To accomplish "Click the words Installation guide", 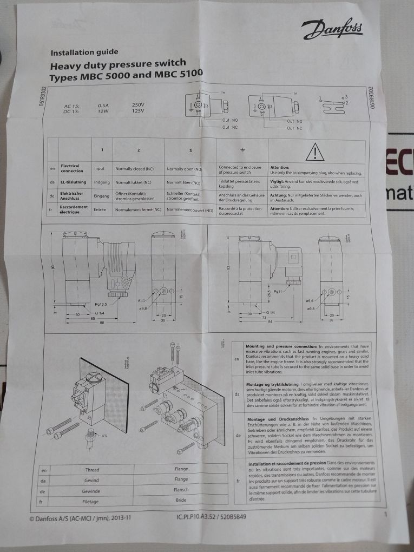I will [x=84, y=53].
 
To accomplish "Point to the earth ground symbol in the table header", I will [x=243, y=149].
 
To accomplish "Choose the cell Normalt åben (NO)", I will [x=183, y=183].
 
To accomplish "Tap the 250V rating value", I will [x=138, y=104].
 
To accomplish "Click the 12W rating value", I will [x=103, y=111].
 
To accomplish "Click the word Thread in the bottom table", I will [x=93, y=470].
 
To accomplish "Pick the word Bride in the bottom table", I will [x=181, y=500].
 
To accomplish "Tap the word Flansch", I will [x=181, y=490].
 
